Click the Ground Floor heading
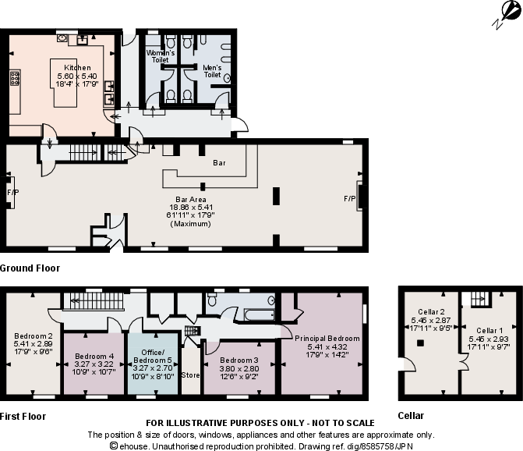tap(30, 268)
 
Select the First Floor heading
tap(23, 416)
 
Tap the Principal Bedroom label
tap(327, 338)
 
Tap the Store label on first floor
tap(190, 375)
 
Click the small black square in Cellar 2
tap(421, 342)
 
